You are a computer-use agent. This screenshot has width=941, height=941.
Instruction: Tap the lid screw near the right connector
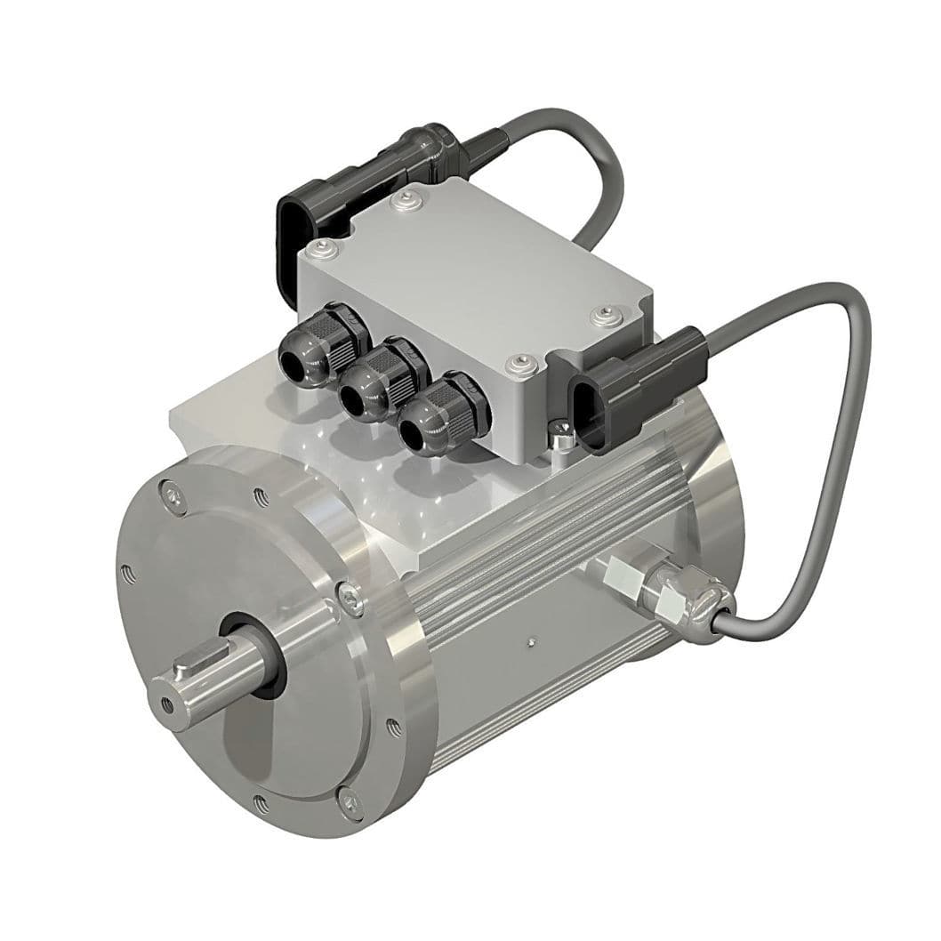point(607,314)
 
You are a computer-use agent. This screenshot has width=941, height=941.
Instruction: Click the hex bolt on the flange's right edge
point(352,599)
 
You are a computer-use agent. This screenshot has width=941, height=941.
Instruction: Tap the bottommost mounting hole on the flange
point(261,806)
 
